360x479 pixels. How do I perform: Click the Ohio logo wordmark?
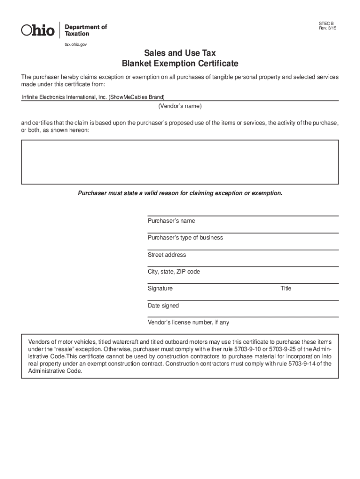[38, 30]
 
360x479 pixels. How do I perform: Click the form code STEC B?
[326, 23]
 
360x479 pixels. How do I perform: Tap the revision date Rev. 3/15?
[327, 29]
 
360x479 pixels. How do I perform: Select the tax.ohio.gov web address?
[75, 44]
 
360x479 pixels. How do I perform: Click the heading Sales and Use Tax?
[180, 53]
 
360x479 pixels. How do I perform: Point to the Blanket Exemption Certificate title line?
[180, 63]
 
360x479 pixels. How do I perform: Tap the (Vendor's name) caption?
[180, 106]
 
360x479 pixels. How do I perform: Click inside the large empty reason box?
[180, 162]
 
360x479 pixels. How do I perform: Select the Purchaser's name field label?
[171, 221]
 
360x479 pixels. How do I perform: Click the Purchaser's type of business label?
[185, 238]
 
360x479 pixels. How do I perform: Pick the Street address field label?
[166, 255]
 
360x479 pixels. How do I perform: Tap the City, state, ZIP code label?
[173, 272]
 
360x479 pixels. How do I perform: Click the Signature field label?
[160, 289]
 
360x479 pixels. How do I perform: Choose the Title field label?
[286, 289]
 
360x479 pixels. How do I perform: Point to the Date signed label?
[163, 306]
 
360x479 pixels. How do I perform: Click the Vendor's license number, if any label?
[188, 323]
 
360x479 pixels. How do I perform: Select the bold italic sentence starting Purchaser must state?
[180, 193]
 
